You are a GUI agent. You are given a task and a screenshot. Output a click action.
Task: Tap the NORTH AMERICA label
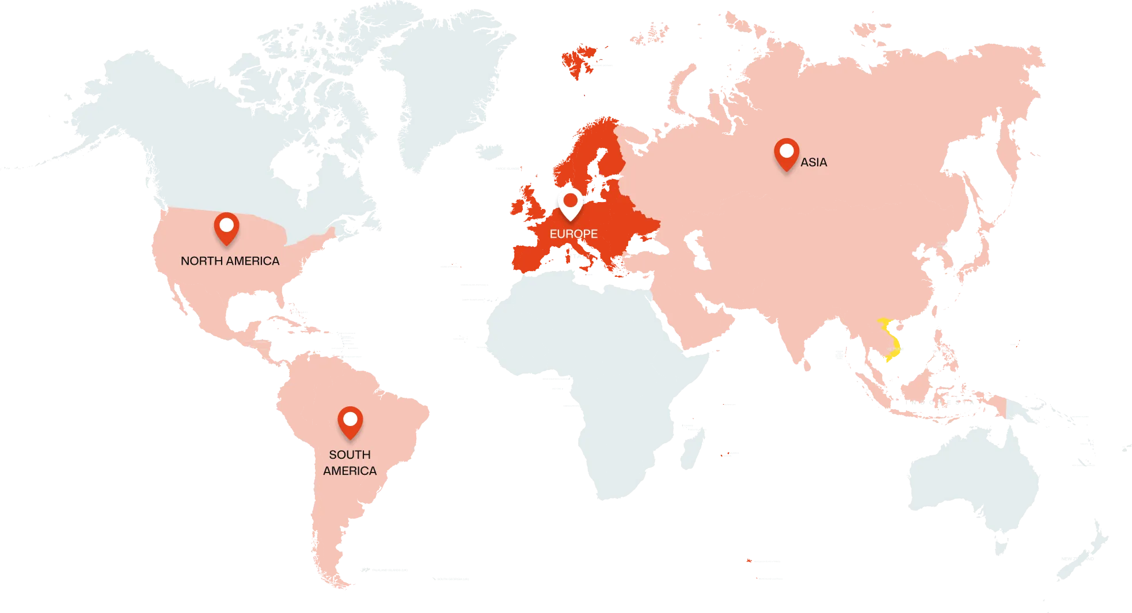pos(230,261)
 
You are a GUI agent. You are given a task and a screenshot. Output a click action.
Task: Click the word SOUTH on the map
pos(350,455)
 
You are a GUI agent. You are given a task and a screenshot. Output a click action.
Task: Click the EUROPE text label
pos(573,234)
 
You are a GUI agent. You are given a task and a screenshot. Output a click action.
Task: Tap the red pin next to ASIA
pos(787,153)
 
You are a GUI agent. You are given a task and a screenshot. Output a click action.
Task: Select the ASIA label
pos(814,162)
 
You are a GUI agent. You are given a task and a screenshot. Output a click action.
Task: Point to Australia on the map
pos(973,478)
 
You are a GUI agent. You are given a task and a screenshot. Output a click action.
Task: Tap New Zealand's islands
pos(1082,553)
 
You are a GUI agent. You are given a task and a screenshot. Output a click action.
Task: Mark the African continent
pos(593,357)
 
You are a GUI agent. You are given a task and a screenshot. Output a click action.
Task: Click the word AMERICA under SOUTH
pos(350,471)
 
